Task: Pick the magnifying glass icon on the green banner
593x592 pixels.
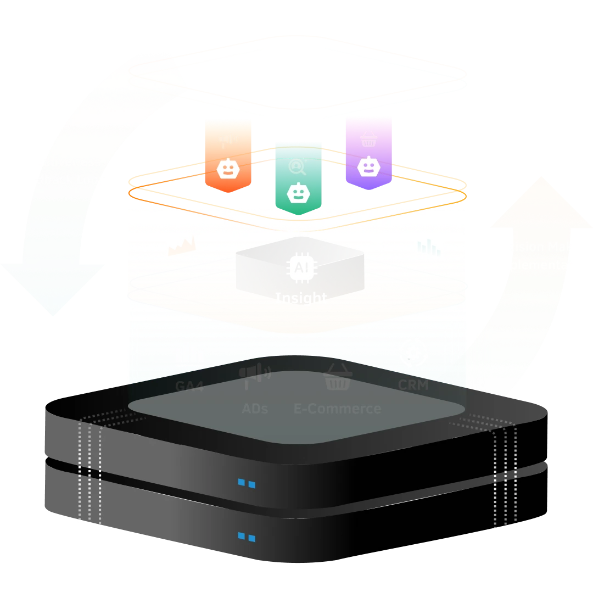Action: [298, 165]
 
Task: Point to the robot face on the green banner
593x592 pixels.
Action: [298, 192]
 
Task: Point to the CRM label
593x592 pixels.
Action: [413, 385]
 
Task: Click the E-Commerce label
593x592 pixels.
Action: [337, 409]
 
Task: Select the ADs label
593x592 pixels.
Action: [255, 409]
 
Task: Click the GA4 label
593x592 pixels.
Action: [189, 386]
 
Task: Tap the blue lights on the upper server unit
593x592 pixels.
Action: [246, 484]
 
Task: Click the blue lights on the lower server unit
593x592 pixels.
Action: [246, 537]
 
